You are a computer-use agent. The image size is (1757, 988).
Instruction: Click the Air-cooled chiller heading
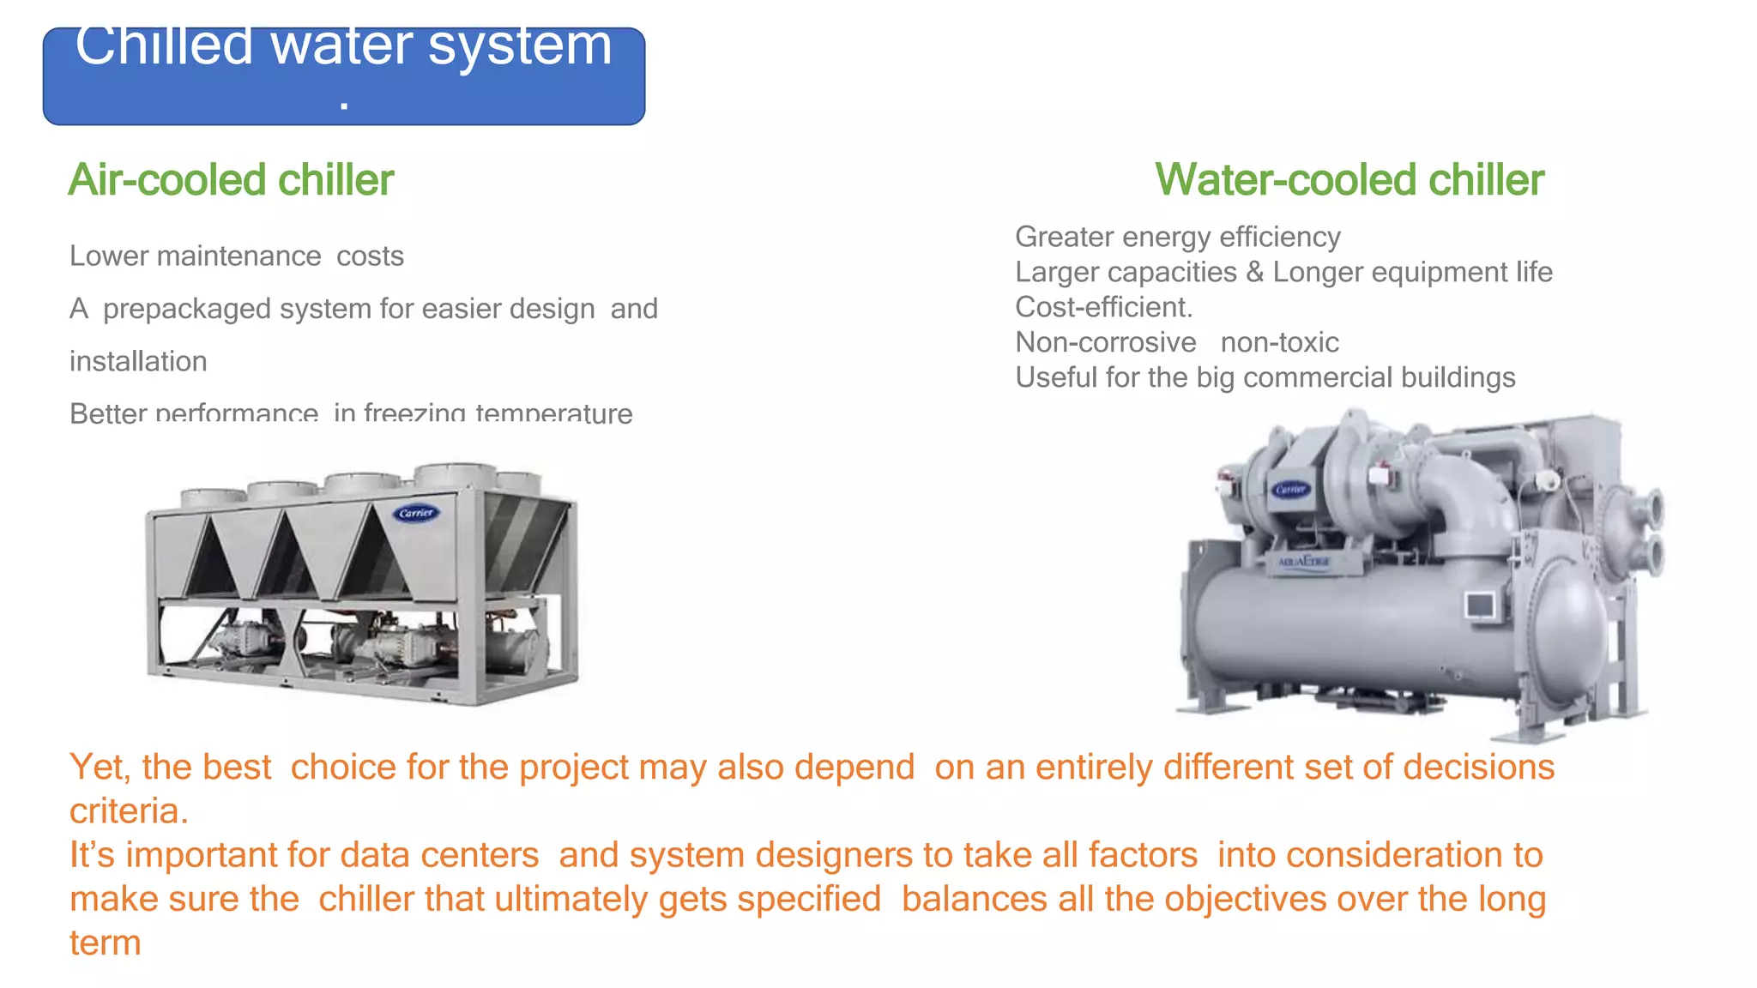(x=231, y=180)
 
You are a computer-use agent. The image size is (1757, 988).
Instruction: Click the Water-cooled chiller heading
(x=1349, y=180)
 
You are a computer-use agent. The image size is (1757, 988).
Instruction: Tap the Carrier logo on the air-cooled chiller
(x=416, y=513)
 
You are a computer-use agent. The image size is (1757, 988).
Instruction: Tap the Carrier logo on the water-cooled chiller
(x=1291, y=489)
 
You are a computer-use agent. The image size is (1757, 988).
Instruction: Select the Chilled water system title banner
(x=343, y=75)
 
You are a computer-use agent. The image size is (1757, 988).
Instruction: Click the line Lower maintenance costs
(x=236, y=256)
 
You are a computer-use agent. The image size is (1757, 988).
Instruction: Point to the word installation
(x=138, y=361)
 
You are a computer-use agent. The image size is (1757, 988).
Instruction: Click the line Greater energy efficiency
(x=1177, y=237)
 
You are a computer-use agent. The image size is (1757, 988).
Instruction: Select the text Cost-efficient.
(x=1103, y=307)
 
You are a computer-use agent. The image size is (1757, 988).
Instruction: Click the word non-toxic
(x=1279, y=342)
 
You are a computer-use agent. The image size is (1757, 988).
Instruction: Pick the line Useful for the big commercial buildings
(x=1265, y=377)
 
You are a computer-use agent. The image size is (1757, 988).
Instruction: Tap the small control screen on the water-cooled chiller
(x=1480, y=605)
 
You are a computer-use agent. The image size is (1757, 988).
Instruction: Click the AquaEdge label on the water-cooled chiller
(x=1303, y=562)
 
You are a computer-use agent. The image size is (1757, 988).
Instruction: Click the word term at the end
(x=105, y=943)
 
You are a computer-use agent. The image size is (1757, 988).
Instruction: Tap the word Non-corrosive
(x=1105, y=342)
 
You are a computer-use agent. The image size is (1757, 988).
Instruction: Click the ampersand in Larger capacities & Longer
(x=1254, y=272)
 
